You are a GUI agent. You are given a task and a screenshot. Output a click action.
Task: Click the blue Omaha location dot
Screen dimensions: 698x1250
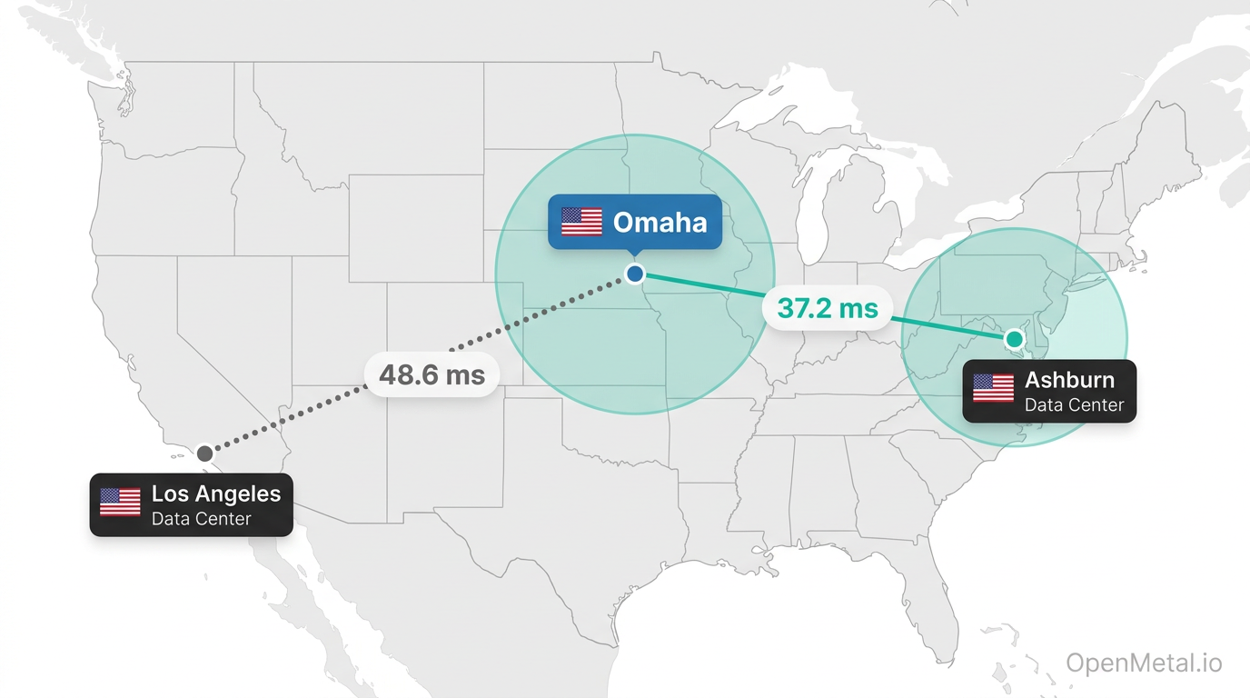coord(635,273)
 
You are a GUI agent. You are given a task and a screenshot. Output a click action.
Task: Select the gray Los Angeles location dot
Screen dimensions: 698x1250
coord(205,453)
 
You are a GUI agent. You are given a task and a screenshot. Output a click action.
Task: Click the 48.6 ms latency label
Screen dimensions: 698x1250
coord(432,374)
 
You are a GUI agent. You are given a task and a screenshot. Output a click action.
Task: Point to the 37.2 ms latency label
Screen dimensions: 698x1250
coord(828,309)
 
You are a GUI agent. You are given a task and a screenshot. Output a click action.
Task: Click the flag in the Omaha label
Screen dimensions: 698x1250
coord(581,222)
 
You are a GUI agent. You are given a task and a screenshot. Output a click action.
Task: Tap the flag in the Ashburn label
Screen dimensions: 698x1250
coord(993,388)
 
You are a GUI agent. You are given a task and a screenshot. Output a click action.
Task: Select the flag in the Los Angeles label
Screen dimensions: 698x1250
coord(120,502)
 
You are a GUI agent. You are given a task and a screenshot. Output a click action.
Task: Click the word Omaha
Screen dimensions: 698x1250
coord(660,222)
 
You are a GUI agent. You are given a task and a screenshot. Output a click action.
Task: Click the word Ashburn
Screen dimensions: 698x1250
coord(1069,380)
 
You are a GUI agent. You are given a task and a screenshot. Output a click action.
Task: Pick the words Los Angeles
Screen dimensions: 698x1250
coord(216,494)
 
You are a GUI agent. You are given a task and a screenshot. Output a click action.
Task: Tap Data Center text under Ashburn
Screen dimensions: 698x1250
coord(1074,405)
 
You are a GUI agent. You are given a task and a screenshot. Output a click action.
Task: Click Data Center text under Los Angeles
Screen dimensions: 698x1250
coord(201,519)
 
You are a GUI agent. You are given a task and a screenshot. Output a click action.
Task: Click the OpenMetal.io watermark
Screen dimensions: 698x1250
coord(1144,663)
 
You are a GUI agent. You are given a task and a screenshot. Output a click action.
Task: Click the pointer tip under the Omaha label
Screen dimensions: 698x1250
coord(635,255)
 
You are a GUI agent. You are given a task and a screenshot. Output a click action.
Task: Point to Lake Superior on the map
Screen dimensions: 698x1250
coord(790,100)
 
